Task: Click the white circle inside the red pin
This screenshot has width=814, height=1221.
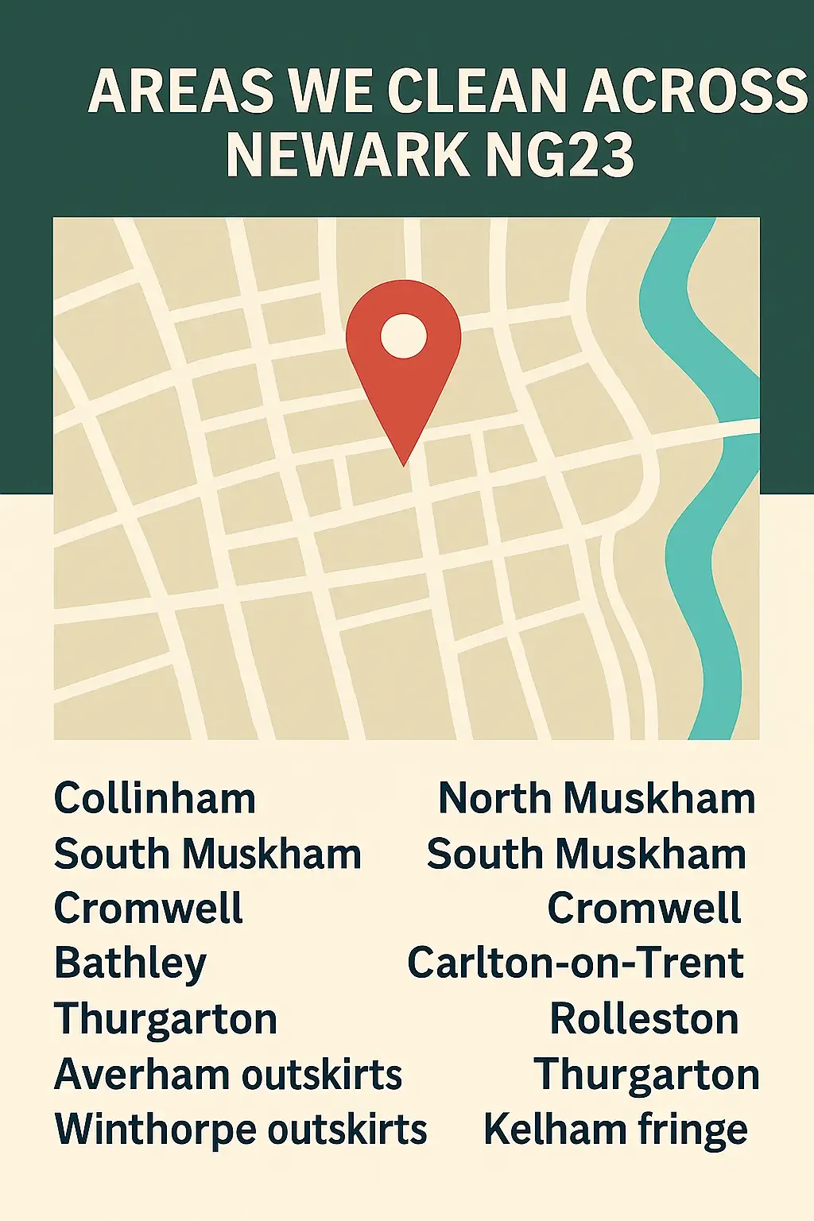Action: pyautogui.click(x=404, y=335)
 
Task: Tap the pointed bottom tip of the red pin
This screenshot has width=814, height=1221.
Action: pyautogui.click(x=404, y=463)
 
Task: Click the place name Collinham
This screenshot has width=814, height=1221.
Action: pyautogui.click(x=155, y=798)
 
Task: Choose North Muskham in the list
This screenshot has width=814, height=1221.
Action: pyautogui.click(x=596, y=798)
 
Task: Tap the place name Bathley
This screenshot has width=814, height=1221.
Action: pyautogui.click(x=130, y=963)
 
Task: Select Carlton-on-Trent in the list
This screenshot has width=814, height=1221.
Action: pyautogui.click(x=576, y=963)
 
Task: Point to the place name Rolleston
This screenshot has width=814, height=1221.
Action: pyautogui.click(x=644, y=1019)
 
